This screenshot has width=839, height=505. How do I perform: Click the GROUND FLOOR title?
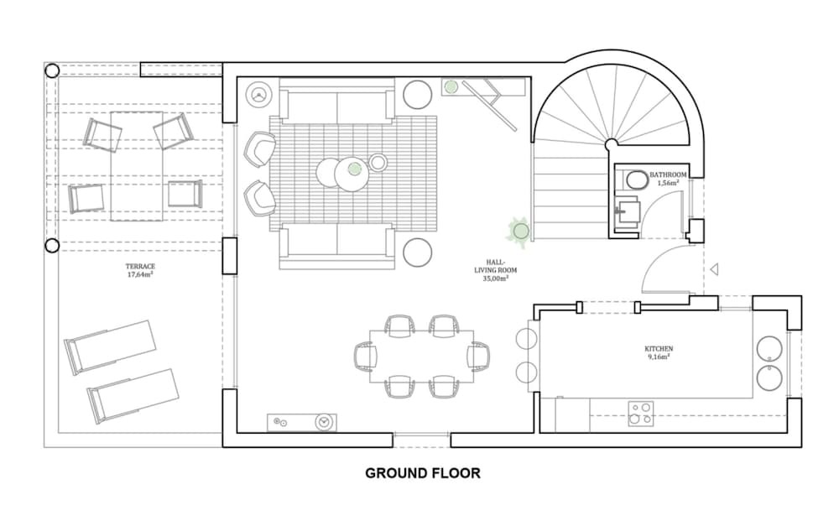tap(423, 473)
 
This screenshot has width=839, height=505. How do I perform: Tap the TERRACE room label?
tap(140, 266)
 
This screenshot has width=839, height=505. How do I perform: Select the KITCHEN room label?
tap(659, 349)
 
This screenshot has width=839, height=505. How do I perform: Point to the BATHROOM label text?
tap(668, 175)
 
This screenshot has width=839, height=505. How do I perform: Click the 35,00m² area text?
tap(496, 279)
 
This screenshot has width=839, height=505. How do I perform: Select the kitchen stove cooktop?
tap(640, 413)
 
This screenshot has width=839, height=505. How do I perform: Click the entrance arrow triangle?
tap(714, 269)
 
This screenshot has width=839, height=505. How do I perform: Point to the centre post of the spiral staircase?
tap(611, 144)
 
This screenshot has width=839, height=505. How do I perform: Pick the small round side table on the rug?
tap(378, 163)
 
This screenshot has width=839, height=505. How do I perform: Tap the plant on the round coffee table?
tap(354, 169)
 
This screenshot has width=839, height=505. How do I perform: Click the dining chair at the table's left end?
tap(366, 357)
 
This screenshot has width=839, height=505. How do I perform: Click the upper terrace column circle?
tap(52, 70)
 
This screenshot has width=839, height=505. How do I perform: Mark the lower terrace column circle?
tap(52, 245)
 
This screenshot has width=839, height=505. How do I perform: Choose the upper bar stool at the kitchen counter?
tap(527, 339)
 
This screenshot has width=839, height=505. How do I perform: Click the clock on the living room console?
tap(323, 422)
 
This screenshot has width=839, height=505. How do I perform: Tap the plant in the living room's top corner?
tap(451, 86)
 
